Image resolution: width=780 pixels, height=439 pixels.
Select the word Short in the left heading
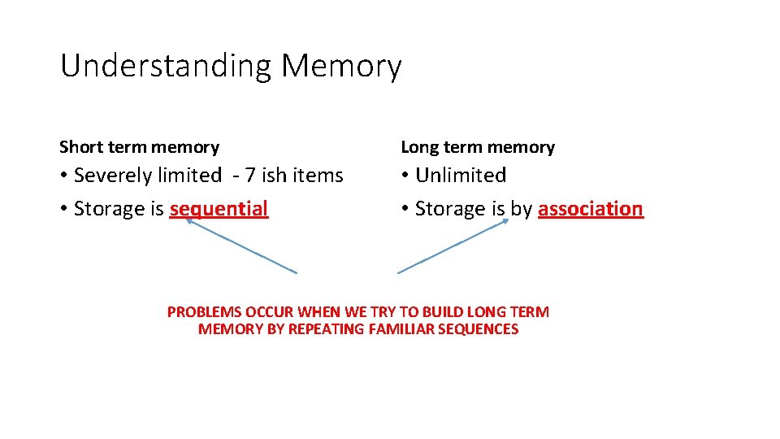80,147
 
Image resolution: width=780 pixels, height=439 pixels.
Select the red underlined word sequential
219,210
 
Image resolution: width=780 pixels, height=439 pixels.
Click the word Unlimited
461,176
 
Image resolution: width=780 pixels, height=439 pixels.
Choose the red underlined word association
590,209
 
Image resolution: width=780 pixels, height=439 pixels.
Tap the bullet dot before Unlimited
405,176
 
